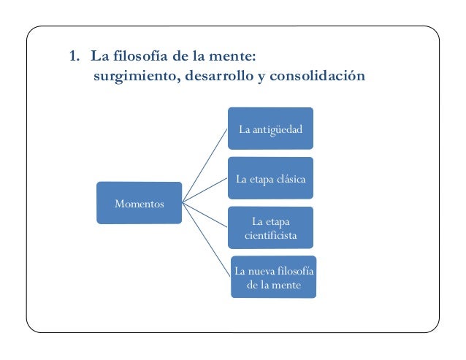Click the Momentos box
tap(140, 202)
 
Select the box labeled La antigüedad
tap(270, 129)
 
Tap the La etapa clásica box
tap(270, 177)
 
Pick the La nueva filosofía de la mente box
tap(273, 277)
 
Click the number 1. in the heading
tap(73, 56)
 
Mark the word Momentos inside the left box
tap(140, 203)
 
